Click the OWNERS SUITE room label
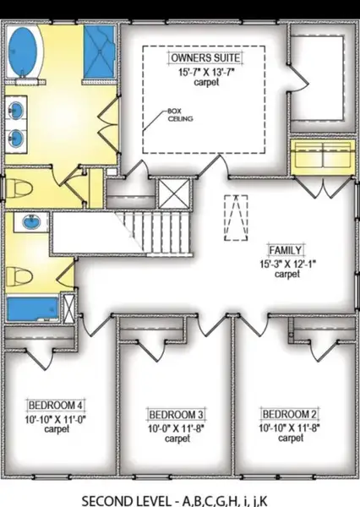[205, 57]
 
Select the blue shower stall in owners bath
[100, 52]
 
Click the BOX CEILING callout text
[180, 115]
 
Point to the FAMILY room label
[286, 250]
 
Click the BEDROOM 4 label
[56, 405]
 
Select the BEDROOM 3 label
[177, 414]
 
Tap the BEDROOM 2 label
[290, 414]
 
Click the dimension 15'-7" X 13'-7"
[206, 72]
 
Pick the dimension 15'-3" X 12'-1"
[287, 264]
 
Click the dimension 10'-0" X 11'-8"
[177, 428]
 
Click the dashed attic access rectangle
[236, 218]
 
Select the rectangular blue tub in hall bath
[33, 309]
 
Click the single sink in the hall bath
[32, 221]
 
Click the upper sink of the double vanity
[16, 110]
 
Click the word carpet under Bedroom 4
[57, 429]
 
